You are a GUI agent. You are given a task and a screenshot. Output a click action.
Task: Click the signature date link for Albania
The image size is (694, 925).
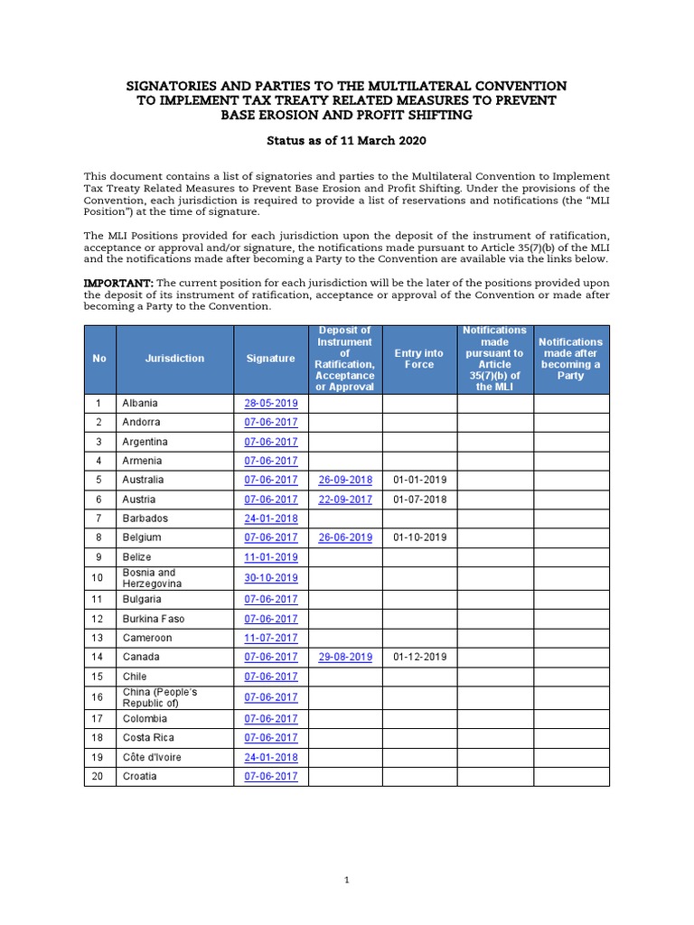coord(270,403)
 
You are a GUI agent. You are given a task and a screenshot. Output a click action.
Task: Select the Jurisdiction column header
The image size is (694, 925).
coord(174,359)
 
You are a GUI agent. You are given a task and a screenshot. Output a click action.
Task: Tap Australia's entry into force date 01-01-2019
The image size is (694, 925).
coord(419,480)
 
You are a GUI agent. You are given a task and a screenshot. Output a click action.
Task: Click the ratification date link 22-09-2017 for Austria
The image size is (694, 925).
coord(345,500)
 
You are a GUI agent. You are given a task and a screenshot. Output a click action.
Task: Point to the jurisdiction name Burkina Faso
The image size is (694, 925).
coord(152,619)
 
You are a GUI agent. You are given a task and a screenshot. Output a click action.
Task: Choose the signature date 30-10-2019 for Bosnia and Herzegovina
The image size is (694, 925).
coord(270,578)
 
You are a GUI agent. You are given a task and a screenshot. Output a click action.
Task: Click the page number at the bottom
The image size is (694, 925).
coord(346,880)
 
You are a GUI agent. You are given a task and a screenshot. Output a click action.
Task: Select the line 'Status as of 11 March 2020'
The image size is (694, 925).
coord(346,141)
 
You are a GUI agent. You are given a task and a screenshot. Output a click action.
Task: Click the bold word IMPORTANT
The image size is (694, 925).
coord(113,283)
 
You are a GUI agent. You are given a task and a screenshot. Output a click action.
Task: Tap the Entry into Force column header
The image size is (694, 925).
coord(419,359)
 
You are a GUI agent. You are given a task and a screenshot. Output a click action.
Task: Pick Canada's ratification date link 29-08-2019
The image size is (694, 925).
coord(345,657)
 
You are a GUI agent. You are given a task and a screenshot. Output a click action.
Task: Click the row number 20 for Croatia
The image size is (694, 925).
coord(99,776)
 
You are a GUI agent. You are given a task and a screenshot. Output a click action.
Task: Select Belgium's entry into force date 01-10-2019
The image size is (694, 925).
coord(419,537)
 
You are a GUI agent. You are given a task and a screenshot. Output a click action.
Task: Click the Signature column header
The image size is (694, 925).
coord(270,359)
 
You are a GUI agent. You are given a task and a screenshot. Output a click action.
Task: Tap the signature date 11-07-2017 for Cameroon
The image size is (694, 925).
coord(270,638)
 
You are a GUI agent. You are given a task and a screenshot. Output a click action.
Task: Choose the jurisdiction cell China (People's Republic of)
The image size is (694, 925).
coord(160,697)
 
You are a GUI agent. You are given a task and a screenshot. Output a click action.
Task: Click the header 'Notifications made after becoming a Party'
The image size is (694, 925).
coord(570,359)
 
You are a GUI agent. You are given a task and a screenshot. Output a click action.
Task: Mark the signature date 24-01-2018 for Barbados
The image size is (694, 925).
coord(270,519)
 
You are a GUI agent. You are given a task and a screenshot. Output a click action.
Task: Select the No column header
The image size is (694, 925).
coord(99,359)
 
